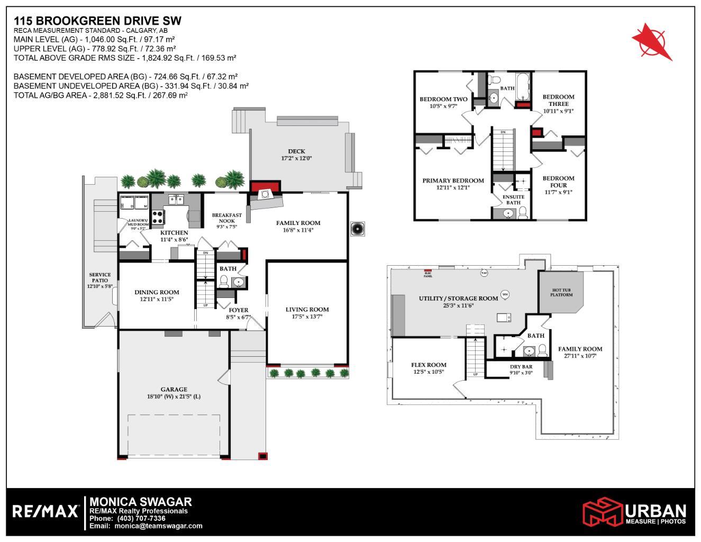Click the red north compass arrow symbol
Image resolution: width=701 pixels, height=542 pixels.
652,41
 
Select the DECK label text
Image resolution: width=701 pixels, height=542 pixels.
296,151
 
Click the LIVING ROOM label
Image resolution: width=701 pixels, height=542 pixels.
307,310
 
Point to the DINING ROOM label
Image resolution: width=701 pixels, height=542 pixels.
157,292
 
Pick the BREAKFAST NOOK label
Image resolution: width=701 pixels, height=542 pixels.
226,218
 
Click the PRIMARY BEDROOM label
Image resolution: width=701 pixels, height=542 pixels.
453,181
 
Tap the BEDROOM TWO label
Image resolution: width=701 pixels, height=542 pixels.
443,99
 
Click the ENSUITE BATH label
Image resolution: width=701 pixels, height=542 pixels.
513,199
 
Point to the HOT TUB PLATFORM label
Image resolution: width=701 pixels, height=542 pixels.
562,292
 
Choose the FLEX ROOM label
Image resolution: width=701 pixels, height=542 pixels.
429,365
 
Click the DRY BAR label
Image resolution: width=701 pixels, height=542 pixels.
521,367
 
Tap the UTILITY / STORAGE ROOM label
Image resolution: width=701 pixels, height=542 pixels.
458,299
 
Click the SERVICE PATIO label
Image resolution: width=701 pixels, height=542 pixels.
99,278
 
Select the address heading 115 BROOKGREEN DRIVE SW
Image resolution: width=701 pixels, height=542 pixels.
97,21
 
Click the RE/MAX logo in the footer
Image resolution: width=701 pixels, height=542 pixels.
45,511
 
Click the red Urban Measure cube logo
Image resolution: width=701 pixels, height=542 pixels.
603,512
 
